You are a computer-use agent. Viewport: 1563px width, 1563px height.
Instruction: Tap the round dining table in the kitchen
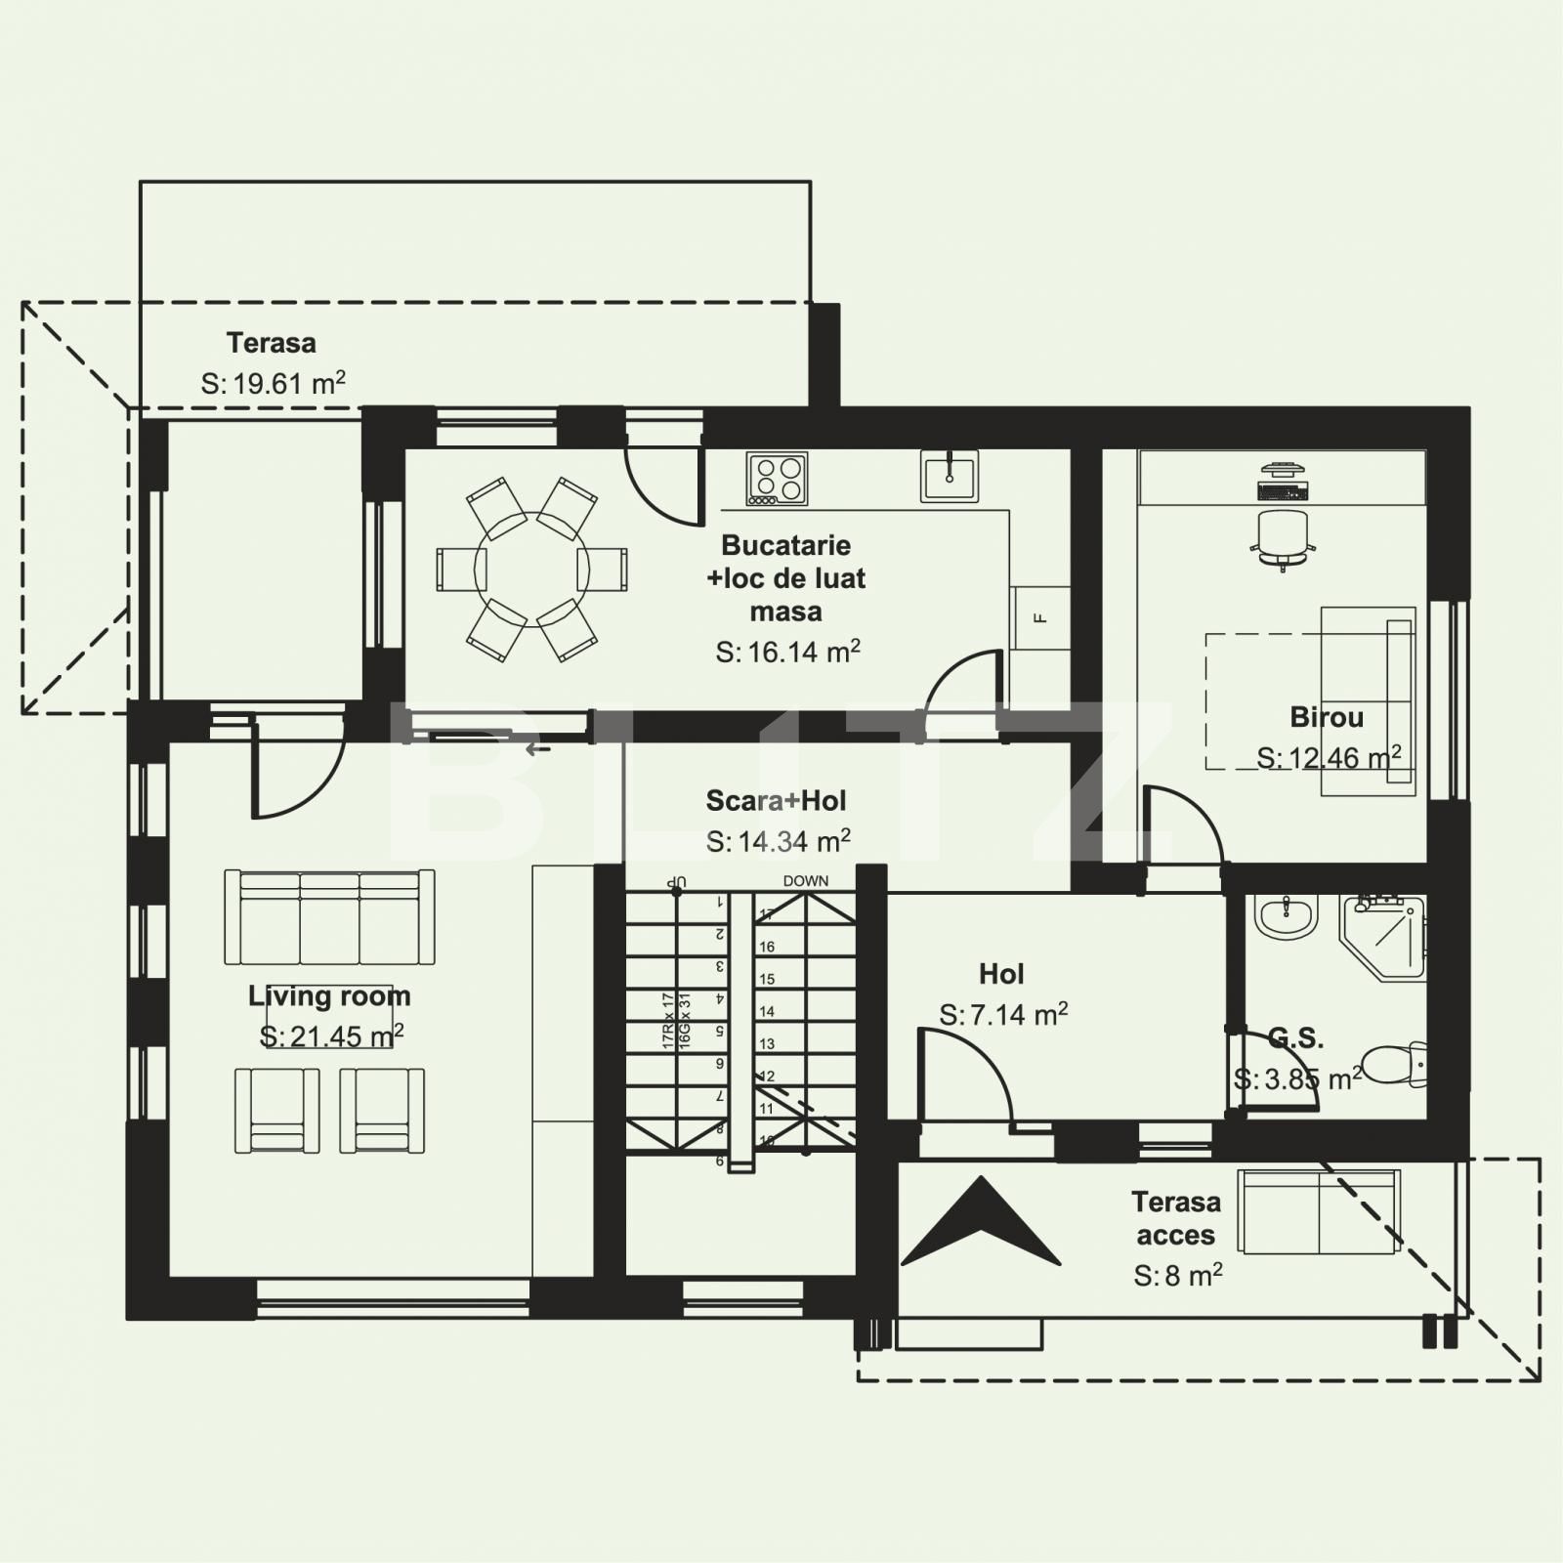click(531, 569)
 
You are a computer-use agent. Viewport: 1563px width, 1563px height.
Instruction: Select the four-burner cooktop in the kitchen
click(777, 479)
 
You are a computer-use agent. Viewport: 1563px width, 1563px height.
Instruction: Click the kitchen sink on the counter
click(950, 476)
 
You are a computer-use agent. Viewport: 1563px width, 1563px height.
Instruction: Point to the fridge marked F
click(1040, 617)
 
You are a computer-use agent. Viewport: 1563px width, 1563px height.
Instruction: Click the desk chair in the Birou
click(1282, 537)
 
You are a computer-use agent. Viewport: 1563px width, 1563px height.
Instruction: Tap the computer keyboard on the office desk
click(1282, 491)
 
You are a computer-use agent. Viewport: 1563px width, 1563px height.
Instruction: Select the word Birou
click(1327, 717)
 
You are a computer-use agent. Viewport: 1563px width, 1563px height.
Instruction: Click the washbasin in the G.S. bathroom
click(1288, 916)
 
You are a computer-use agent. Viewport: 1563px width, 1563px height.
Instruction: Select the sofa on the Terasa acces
click(1319, 1211)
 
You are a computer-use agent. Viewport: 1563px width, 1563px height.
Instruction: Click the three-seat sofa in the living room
click(330, 917)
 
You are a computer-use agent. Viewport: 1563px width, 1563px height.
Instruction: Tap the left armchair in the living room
click(277, 1111)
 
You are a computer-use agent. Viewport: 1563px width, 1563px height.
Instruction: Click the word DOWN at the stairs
click(806, 881)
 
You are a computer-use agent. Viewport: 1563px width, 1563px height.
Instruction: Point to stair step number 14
click(767, 1012)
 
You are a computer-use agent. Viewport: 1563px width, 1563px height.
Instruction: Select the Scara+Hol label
click(777, 801)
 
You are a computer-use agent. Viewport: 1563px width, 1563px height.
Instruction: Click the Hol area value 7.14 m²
click(1003, 1015)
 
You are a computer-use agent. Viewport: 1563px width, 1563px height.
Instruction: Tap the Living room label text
click(329, 996)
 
